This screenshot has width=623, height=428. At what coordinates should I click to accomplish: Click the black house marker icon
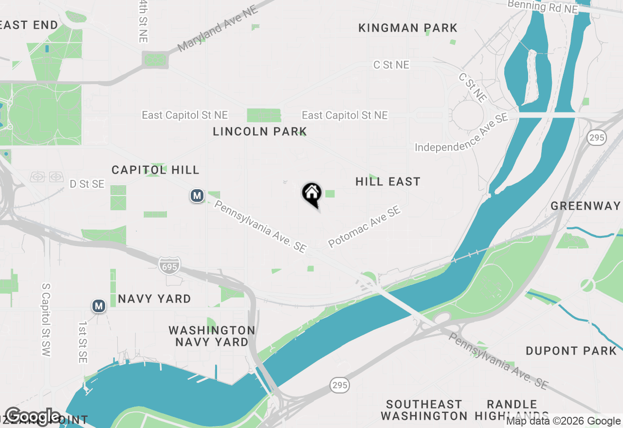tap(311, 194)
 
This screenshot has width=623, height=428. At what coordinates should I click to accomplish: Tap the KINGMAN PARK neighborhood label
tap(408, 28)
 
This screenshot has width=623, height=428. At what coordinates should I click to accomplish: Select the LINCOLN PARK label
tap(260, 131)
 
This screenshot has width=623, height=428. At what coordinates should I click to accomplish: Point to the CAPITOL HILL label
tap(155, 170)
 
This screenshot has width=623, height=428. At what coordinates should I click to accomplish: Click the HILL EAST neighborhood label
tap(387, 182)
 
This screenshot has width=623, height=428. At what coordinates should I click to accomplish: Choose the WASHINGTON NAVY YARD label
tap(212, 336)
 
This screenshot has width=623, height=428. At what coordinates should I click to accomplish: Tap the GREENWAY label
tap(586, 206)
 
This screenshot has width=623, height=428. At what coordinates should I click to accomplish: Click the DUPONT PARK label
tap(571, 351)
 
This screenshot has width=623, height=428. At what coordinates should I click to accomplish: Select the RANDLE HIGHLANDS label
tap(512, 410)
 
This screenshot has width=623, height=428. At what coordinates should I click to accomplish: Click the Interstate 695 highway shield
tap(169, 265)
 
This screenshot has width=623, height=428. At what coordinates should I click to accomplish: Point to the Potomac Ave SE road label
tap(364, 226)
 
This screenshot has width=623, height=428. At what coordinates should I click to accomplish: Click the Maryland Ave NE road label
tap(218, 29)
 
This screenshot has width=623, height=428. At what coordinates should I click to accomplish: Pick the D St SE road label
tap(87, 184)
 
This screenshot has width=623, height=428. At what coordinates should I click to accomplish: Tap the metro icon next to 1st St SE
tap(99, 306)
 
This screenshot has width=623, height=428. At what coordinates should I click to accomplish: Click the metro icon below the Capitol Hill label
tap(197, 196)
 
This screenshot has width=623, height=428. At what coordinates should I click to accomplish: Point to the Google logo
tap(33, 416)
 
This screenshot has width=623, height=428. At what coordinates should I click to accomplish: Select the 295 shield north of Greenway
tap(596, 138)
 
